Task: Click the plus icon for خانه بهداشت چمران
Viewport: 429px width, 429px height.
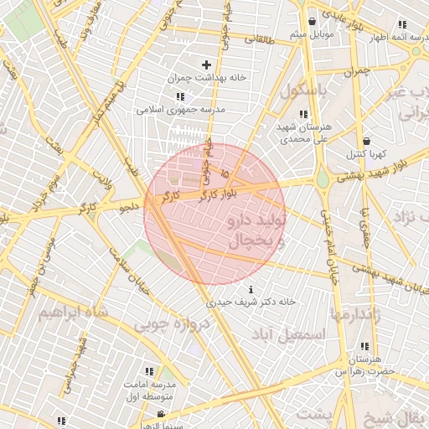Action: point(206,65)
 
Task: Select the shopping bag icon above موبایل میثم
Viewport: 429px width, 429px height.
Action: point(312,21)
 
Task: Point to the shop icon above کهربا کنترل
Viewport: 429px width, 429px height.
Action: point(366,141)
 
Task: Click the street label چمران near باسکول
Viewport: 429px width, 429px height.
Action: point(356,71)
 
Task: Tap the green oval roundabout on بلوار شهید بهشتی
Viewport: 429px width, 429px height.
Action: point(323,178)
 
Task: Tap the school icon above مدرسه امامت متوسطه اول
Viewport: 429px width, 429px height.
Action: point(149,371)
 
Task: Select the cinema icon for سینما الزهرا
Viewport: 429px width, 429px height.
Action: point(161,414)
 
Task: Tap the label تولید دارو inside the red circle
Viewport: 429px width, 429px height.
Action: point(256,221)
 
